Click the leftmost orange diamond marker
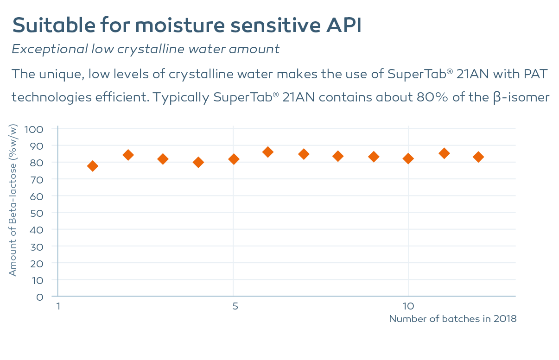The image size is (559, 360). (92, 166)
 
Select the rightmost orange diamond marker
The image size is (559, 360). (478, 157)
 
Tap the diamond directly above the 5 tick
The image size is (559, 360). (234, 159)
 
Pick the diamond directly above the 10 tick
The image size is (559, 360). (408, 158)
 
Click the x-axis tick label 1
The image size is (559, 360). (58, 306)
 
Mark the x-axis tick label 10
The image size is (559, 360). (408, 306)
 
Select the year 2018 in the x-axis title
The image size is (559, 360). (505, 319)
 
